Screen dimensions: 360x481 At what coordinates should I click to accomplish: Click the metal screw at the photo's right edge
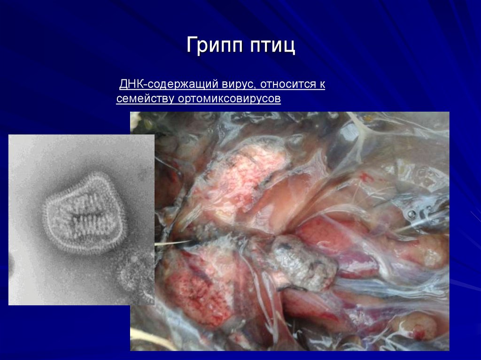pyautogui.click(x=411, y=214)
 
